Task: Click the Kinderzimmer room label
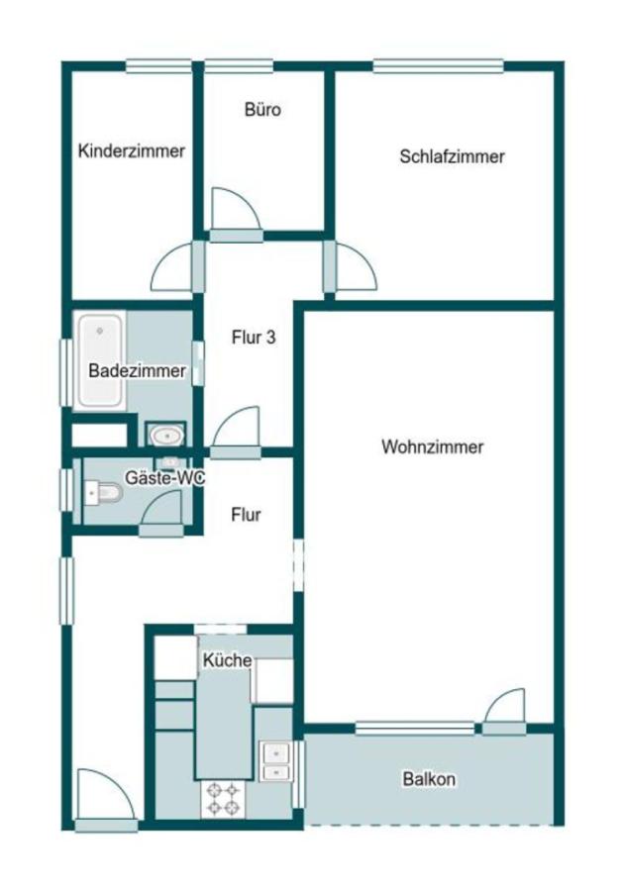coord(132,151)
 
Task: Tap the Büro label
coord(262,110)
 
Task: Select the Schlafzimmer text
coord(452,156)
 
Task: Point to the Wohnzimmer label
coord(432,447)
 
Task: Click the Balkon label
coord(429,779)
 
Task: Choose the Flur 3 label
coord(254,338)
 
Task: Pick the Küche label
coord(227,660)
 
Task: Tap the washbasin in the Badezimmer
coord(164,434)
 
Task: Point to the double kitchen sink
coord(274,761)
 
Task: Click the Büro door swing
coord(236,209)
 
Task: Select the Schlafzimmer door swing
coord(354,268)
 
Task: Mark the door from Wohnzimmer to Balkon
coord(504,710)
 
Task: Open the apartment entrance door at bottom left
coord(104,797)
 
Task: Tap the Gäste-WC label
coord(164,478)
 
